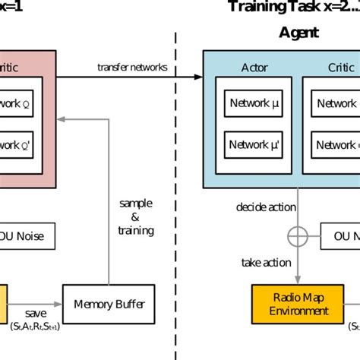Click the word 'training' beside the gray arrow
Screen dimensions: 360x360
coord(136,229)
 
